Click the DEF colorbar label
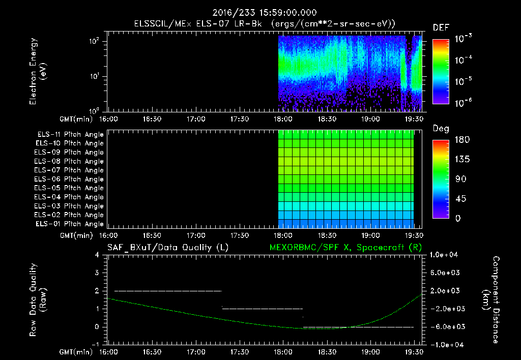tap(441, 28)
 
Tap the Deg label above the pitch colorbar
tap(441, 129)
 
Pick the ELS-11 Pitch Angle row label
tap(70, 134)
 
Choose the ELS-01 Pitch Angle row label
tap(70, 224)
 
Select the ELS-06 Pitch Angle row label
tap(70, 179)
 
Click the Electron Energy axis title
tap(38, 72)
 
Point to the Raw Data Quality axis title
tap(38, 300)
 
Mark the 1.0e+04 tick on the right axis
tap(446, 255)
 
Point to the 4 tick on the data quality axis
tap(97, 255)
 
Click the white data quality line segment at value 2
tap(168, 291)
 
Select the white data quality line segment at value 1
tap(262, 309)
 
